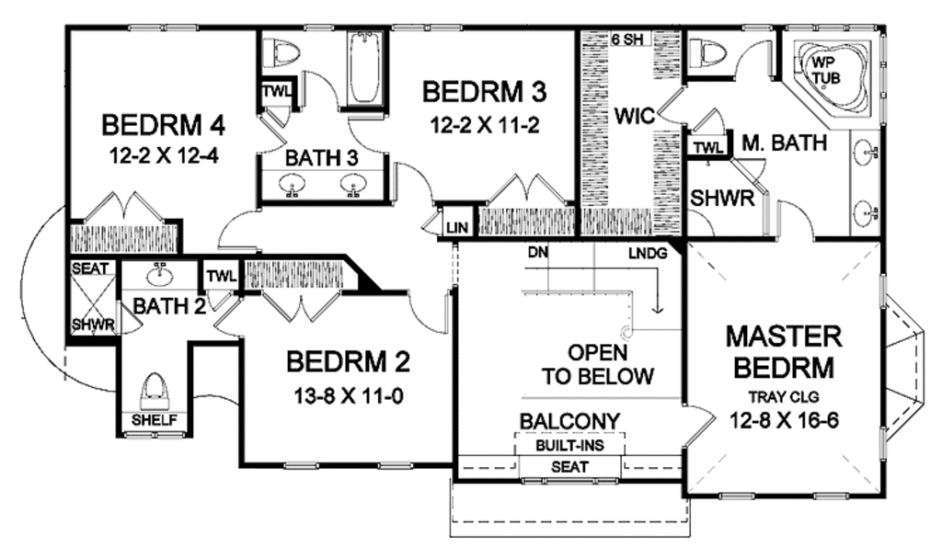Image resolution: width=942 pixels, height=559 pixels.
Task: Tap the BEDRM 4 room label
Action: pyautogui.click(x=164, y=124)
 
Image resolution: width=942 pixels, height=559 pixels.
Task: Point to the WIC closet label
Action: pyautogui.click(x=634, y=116)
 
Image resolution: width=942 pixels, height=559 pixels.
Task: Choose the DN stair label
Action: pyautogui.click(x=537, y=250)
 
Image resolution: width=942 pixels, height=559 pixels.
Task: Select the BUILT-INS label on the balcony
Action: pyautogui.click(x=569, y=445)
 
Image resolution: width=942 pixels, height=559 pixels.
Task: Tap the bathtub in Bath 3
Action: pyautogui.click(x=365, y=69)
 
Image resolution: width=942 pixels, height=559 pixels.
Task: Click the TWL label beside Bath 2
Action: pyautogui.click(x=222, y=276)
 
